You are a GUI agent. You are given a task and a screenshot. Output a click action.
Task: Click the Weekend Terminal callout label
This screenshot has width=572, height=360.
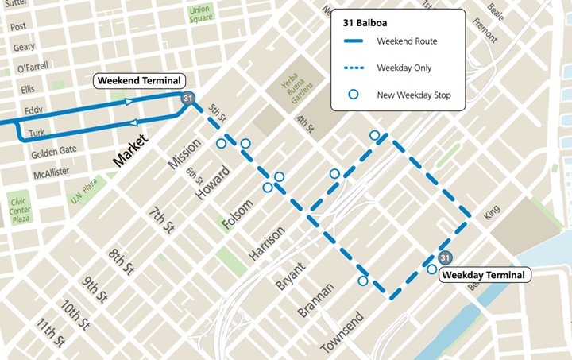139,80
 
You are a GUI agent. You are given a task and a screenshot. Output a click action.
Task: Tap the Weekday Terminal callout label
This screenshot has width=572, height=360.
483,275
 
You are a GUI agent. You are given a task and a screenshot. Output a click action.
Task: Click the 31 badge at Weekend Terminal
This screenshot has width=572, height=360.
187,99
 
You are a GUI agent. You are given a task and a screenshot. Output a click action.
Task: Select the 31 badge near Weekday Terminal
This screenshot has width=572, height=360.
446,258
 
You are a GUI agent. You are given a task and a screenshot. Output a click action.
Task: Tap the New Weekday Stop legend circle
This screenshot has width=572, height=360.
354,95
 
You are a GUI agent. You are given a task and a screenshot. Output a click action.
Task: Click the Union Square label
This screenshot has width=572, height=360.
200,14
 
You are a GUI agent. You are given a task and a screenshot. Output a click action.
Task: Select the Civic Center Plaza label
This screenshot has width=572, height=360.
20,210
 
